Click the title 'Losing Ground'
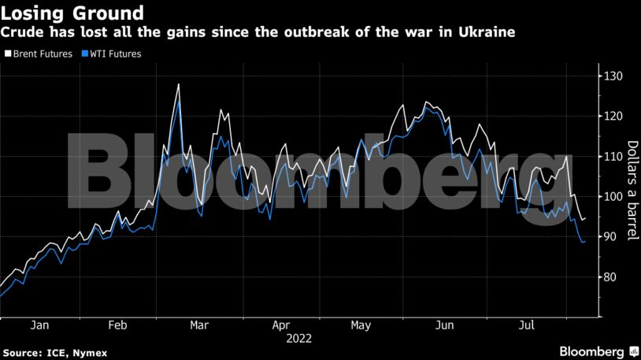[x=72, y=13]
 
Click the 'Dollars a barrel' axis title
[x=632, y=190]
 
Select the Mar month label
[x=199, y=325]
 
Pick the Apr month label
[x=281, y=325]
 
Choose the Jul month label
[x=525, y=325]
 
